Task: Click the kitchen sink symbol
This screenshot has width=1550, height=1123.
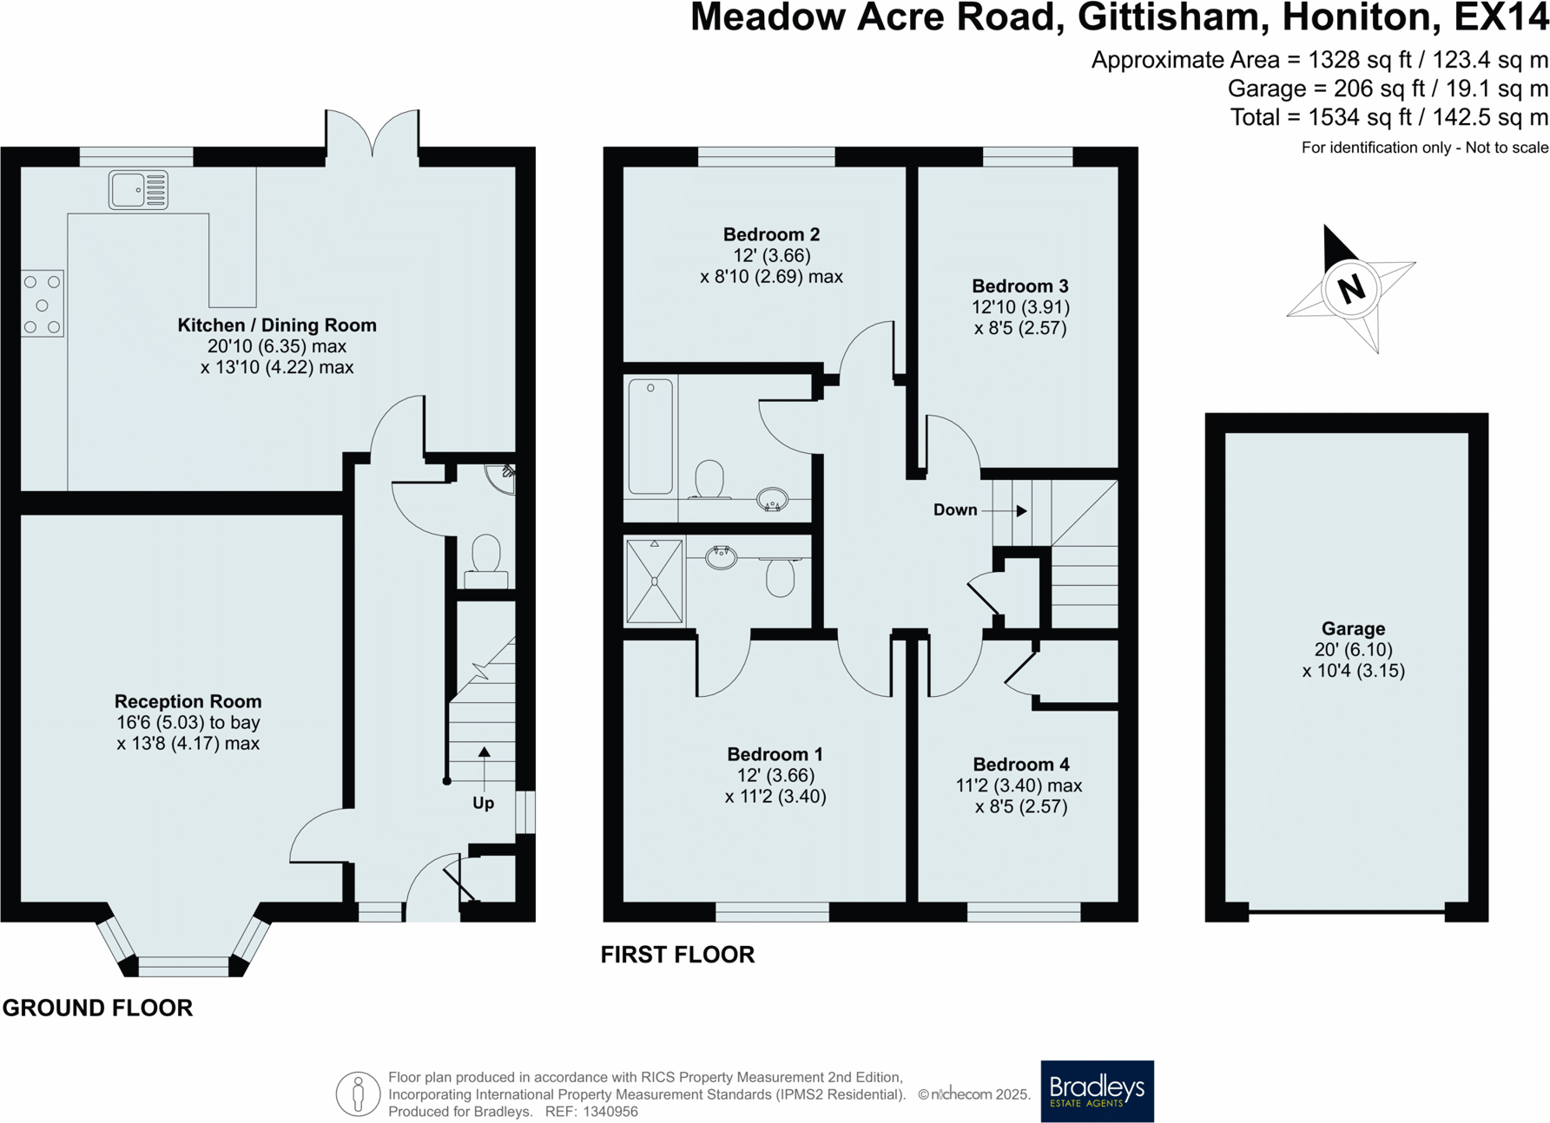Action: (x=138, y=190)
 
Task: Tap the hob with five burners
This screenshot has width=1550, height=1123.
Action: (x=42, y=304)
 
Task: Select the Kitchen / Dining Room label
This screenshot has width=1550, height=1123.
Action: (x=277, y=325)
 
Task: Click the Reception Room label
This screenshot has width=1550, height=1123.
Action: (x=188, y=701)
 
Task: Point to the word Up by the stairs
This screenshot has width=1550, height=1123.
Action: (x=483, y=803)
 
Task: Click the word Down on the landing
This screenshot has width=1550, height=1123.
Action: (x=955, y=510)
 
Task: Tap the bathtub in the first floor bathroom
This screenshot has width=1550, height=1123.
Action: (x=650, y=436)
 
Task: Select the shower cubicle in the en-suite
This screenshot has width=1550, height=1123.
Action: (x=654, y=581)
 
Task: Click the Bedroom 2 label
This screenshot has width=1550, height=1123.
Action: (x=771, y=234)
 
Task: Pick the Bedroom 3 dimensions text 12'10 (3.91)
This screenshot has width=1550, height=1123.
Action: (x=1020, y=307)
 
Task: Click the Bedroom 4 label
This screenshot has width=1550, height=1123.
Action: (x=1020, y=765)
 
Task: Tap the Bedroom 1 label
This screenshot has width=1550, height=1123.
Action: (x=775, y=754)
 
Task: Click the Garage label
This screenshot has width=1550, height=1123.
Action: (x=1353, y=628)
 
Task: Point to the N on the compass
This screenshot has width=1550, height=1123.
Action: (x=1351, y=289)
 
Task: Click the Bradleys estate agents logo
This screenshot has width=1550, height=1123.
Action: (x=1097, y=1090)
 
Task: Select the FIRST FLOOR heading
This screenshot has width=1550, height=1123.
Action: (x=677, y=955)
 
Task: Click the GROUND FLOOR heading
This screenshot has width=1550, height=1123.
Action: (x=97, y=1008)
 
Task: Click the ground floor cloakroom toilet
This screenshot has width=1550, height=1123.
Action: (x=486, y=560)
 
